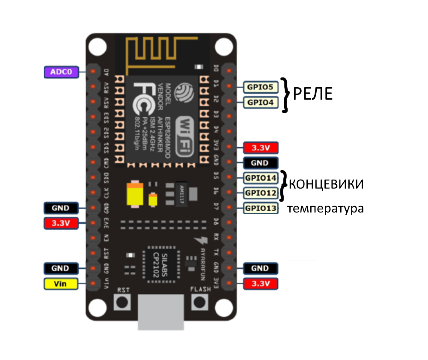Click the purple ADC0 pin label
click(x=61, y=72)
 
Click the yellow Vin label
click(x=60, y=283)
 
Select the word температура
click(x=325, y=209)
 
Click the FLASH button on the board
click(x=199, y=302)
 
